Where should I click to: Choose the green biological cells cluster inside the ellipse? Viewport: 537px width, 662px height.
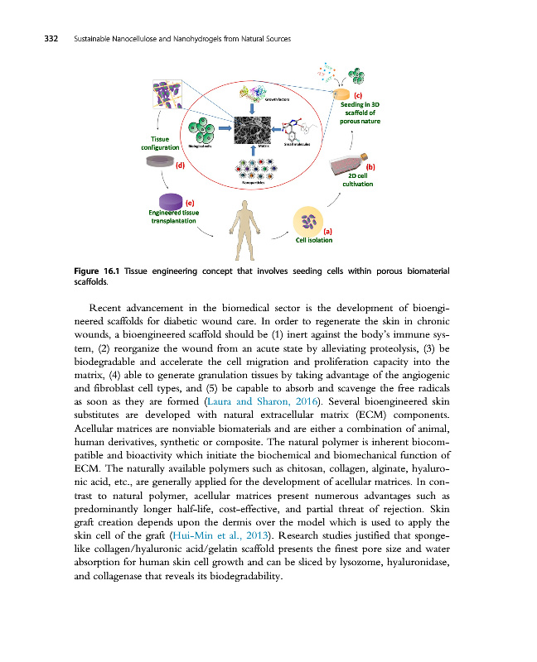pos(200,130)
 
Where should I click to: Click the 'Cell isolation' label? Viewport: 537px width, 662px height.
pos(314,240)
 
